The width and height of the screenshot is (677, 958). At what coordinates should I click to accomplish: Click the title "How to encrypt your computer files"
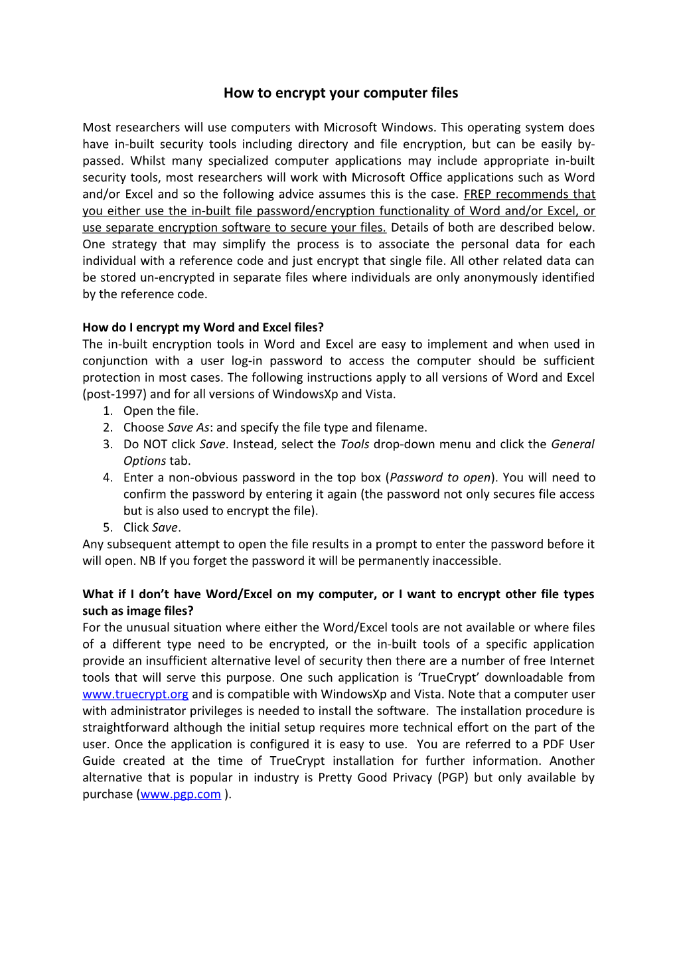[x=340, y=93]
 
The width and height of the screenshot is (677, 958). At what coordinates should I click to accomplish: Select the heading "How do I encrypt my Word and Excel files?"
[x=203, y=327]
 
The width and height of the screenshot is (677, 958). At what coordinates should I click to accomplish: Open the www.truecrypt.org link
[x=135, y=694]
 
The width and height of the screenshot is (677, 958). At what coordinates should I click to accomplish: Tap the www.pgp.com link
[x=181, y=795]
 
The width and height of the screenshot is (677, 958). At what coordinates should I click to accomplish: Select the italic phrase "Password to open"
[x=439, y=477]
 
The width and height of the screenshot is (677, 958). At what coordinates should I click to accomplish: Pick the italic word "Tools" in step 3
[x=354, y=444]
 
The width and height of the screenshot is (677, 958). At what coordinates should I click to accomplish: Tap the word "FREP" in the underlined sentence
[x=478, y=195]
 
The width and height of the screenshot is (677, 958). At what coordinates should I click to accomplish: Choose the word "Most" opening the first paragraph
[x=97, y=127]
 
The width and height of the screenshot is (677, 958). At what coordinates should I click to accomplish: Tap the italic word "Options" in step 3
[x=145, y=461]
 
